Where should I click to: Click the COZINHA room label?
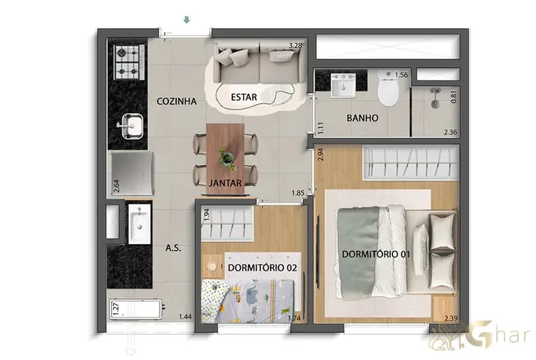tap(177, 101)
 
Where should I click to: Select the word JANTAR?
tap(225, 184)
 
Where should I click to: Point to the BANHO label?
tap(362, 118)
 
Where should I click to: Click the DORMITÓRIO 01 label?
tap(375, 254)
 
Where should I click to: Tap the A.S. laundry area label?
tap(173, 248)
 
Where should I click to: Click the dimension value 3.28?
tap(296, 47)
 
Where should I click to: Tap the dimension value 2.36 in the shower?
tap(451, 131)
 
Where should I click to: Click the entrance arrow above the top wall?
tap(186, 20)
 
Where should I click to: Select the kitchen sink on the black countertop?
tap(131, 126)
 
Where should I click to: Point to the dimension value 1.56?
tap(401, 75)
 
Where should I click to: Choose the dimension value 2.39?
tap(452, 319)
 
